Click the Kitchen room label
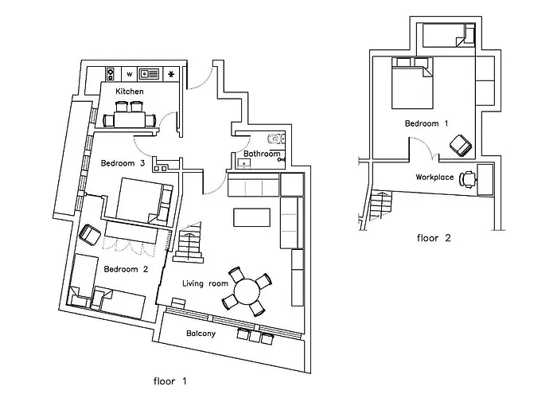130,92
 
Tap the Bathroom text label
262,154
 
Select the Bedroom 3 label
123,164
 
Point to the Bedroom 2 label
127,269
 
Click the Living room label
205,283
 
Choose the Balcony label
201,334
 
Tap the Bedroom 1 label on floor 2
427,124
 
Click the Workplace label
434,177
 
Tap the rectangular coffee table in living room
251,217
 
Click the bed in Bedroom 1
411,85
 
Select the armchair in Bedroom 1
460,146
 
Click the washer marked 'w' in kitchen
129,74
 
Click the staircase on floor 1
190,244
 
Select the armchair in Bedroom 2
90,235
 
